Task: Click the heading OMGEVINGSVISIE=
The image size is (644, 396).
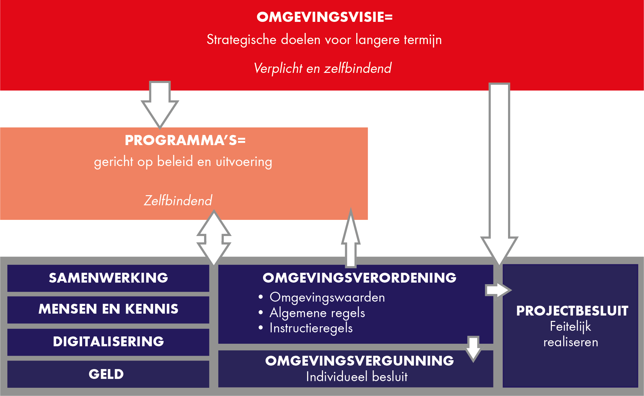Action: click(x=325, y=17)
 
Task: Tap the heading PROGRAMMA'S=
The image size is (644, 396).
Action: click(x=185, y=140)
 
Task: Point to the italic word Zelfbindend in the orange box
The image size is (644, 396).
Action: click(x=178, y=201)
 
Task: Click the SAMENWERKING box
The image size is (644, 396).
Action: click(x=108, y=278)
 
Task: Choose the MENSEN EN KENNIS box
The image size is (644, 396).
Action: click(x=108, y=310)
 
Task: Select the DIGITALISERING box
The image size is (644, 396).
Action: click(x=108, y=342)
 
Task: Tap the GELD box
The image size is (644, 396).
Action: click(x=108, y=374)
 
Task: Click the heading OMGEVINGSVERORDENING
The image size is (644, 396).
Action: click(x=359, y=278)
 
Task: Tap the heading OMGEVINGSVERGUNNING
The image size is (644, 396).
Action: click(x=359, y=361)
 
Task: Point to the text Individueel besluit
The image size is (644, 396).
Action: click(x=357, y=377)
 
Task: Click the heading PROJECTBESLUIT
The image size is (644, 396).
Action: click(x=572, y=311)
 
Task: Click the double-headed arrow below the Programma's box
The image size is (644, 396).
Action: click(x=214, y=238)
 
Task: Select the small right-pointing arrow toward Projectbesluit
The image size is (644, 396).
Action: click(x=498, y=290)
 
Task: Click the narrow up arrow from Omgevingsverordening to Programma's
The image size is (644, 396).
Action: click(x=351, y=238)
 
